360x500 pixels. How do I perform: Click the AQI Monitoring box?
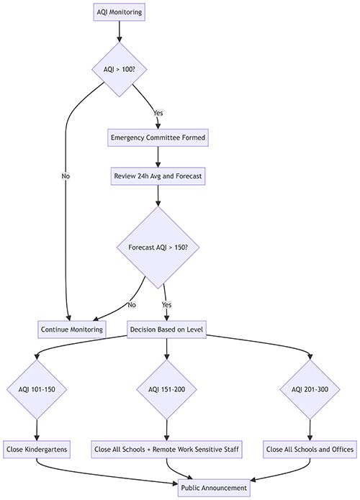(119, 12)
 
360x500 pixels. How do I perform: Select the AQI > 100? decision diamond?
(119, 69)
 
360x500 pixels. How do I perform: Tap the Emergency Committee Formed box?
(158, 137)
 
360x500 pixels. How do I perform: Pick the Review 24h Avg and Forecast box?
(158, 176)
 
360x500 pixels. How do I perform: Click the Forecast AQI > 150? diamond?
(158, 247)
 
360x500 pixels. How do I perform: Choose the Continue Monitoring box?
(72, 329)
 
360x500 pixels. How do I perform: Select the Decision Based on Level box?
(166, 329)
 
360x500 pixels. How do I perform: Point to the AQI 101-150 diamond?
(37, 389)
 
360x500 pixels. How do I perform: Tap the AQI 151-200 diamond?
(166, 389)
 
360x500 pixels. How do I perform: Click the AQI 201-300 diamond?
(310, 389)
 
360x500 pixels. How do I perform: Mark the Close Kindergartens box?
(37, 450)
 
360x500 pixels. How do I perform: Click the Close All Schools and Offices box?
(310, 450)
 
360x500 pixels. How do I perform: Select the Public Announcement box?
(214, 488)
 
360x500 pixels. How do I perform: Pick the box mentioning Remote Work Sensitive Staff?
(166, 450)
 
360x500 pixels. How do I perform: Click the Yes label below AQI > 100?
(158, 113)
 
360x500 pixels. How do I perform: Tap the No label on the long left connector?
(66, 176)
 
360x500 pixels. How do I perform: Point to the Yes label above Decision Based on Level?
(166, 305)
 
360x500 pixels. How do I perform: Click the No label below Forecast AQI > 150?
(132, 305)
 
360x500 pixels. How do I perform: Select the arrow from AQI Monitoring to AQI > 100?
(119, 32)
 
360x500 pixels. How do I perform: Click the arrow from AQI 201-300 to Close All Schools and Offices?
(310, 430)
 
